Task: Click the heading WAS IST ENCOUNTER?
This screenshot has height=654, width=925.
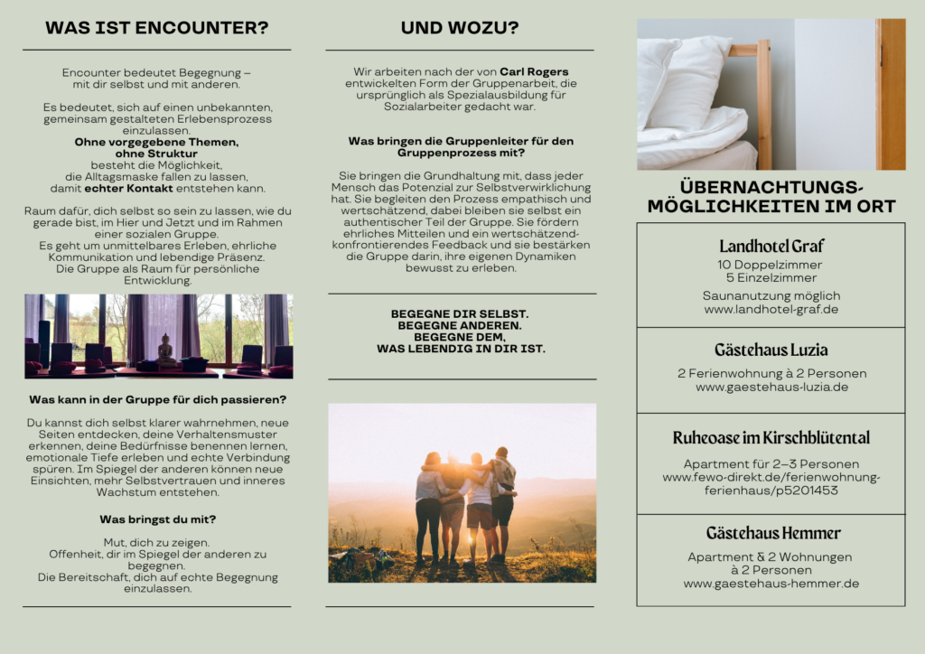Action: [x=156, y=28]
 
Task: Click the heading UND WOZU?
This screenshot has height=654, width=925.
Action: [x=460, y=28]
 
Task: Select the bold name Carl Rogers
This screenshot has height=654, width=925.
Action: [x=534, y=71]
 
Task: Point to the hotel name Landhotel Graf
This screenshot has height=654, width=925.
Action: [x=771, y=246]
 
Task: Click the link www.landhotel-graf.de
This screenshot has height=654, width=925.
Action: [x=771, y=309]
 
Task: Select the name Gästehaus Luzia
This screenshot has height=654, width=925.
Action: [x=771, y=350]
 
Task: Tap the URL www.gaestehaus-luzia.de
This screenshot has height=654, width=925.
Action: [x=771, y=387]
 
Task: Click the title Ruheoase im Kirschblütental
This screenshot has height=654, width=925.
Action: [x=771, y=438]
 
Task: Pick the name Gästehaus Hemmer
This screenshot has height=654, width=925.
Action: [x=771, y=533]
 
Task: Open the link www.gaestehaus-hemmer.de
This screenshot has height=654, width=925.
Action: [x=771, y=584]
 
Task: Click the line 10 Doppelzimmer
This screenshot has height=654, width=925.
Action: [x=771, y=265]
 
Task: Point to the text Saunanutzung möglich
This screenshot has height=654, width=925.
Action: [x=771, y=295]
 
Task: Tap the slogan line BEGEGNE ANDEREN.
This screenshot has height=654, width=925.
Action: [x=460, y=324]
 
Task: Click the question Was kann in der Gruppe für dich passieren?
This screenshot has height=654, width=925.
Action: [x=157, y=398]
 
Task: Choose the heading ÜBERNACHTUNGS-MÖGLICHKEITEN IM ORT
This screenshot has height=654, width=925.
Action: [x=771, y=196]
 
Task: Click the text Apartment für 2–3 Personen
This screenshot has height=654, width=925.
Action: [x=771, y=464]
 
